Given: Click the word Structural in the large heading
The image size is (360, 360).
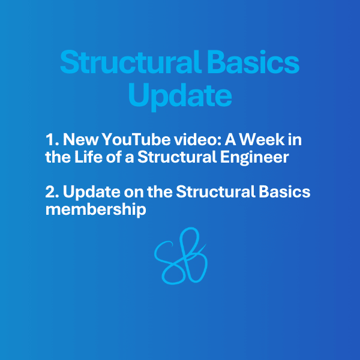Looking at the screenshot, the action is [131, 62].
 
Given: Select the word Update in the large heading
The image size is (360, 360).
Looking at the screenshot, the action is [180, 96].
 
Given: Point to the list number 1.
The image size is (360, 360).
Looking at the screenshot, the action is [52, 139].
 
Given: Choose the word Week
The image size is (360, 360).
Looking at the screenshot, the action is [262, 139].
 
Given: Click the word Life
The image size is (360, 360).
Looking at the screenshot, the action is [88, 157].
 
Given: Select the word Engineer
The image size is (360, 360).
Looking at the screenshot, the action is [254, 158].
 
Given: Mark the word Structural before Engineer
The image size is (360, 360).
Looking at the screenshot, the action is [177, 157].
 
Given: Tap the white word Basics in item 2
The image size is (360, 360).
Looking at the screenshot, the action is [284, 192].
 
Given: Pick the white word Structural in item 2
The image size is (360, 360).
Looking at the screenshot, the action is [215, 191].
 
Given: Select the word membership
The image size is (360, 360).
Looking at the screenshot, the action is [96, 209].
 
